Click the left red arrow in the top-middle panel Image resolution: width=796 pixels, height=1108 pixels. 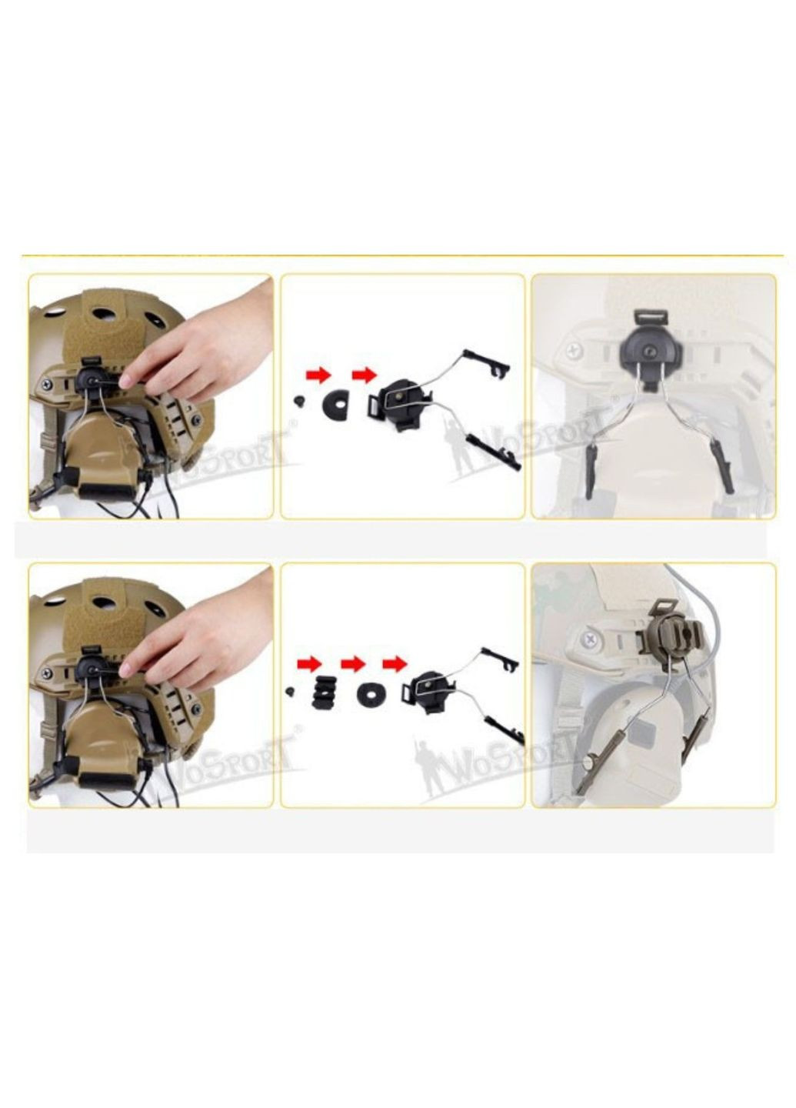click(318, 375)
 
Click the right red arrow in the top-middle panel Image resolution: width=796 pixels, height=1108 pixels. click(363, 375)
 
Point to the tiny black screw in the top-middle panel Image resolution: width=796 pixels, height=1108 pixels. click(298, 400)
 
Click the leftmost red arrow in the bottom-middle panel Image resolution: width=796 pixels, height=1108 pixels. click(308, 662)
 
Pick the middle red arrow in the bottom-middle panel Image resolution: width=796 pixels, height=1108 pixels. click(352, 662)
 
